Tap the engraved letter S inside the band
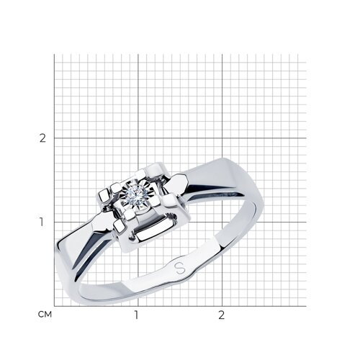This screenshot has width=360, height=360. click(x=180, y=268)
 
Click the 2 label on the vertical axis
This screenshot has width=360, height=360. click(x=42, y=138)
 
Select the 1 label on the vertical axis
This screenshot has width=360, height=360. click(x=42, y=222)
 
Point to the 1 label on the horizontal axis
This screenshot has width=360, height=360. click(x=136, y=315)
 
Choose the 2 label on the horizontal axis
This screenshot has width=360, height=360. click(x=221, y=315)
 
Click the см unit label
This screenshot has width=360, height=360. click(x=45, y=315)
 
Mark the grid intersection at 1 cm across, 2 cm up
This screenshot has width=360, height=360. click(x=138, y=138)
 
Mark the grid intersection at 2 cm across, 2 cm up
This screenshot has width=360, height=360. click(x=222, y=138)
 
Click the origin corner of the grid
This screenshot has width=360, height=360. click(x=54, y=306)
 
